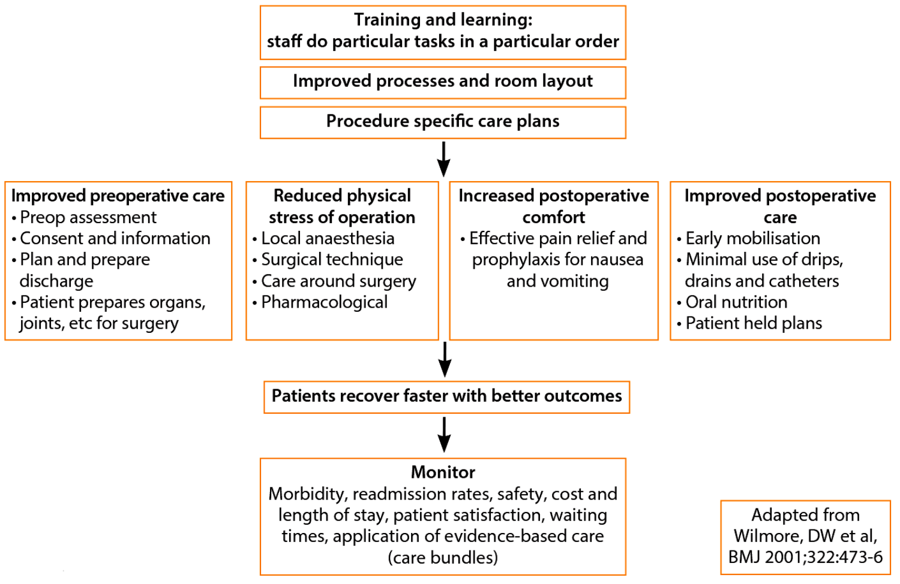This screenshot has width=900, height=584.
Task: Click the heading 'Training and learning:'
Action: click(443, 20)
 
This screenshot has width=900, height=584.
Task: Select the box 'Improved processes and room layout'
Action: click(443, 82)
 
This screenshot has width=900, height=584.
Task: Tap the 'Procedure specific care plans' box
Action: click(443, 122)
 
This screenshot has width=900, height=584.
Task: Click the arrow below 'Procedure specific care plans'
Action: click(443, 159)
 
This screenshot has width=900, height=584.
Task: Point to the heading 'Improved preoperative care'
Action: click(118, 196)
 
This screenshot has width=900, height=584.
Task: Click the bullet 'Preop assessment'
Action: click(88, 217)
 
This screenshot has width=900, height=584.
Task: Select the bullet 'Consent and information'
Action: click(115, 239)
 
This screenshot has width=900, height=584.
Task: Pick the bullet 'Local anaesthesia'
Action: click(328, 239)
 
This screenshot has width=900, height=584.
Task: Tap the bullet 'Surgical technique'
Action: click(332, 260)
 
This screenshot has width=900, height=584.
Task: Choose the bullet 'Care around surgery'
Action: click(338, 281)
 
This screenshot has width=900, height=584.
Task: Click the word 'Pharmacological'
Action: click(325, 302)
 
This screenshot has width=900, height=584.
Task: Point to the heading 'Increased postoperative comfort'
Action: click(554, 206)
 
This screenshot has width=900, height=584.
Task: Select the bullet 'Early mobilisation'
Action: click(752, 239)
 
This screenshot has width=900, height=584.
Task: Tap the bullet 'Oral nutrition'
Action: click(736, 302)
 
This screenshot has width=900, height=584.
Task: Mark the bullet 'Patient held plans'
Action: click(754, 324)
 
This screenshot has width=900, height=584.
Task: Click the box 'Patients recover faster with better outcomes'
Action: click(446, 396)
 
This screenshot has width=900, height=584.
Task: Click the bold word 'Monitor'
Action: click(443, 472)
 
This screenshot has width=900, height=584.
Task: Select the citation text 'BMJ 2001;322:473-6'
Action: click(805, 557)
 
